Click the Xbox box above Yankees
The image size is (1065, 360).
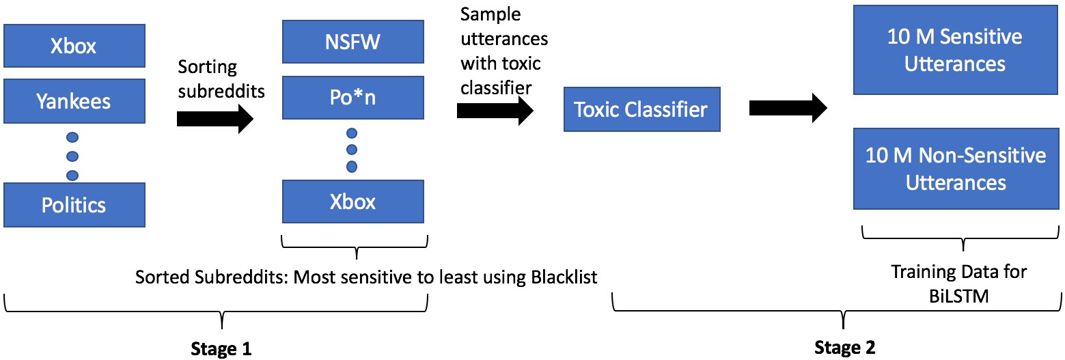click(74, 46)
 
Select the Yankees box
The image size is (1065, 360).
click(74, 101)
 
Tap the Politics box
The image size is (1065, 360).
click(74, 205)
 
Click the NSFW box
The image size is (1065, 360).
click(352, 42)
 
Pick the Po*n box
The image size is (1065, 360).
click(352, 98)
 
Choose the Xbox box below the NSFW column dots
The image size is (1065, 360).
click(352, 202)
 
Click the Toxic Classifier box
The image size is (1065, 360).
click(642, 109)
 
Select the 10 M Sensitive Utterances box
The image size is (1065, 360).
click(956, 50)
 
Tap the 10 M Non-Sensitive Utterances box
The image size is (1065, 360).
click(956, 169)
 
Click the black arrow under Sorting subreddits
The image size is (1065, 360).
click(215, 119)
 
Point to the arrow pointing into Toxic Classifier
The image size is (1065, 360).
click(495, 111)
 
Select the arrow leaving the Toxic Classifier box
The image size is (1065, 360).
click(788, 108)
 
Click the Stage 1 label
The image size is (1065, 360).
click(221, 348)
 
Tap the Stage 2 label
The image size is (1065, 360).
click(845, 348)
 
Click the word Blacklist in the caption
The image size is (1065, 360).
click(564, 277)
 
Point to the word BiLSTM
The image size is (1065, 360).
click(959, 296)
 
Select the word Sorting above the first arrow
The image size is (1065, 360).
click(207, 67)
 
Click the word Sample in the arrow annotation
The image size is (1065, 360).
click(490, 15)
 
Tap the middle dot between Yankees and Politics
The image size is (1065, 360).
click(72, 156)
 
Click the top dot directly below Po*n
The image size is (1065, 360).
click(352, 133)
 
